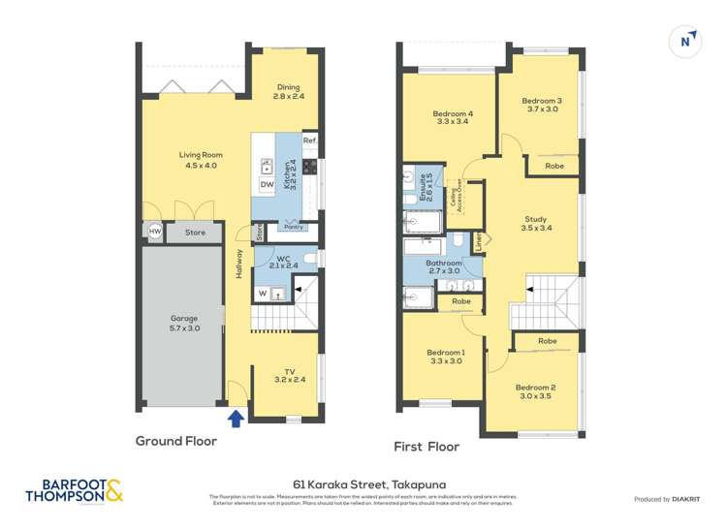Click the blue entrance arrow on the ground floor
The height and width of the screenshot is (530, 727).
click(234, 419)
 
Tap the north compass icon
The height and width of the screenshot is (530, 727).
click(685, 41)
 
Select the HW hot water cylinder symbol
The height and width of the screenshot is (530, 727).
click(154, 232)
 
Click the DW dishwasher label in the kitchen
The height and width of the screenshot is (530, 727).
click(267, 185)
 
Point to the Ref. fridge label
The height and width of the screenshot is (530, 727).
click(309, 141)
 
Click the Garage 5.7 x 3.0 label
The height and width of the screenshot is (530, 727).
click(184, 324)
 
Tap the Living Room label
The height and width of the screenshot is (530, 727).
click(198, 160)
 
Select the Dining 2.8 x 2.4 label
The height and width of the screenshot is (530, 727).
click(289, 91)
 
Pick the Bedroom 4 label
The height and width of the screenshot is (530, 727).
click(453, 117)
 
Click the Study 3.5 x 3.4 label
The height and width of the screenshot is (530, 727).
click(536, 224)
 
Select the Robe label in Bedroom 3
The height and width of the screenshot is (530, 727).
click(554, 167)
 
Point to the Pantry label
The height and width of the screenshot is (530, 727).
click(289, 228)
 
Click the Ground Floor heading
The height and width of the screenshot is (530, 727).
click(175, 441)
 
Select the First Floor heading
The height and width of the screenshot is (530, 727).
click(427, 447)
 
